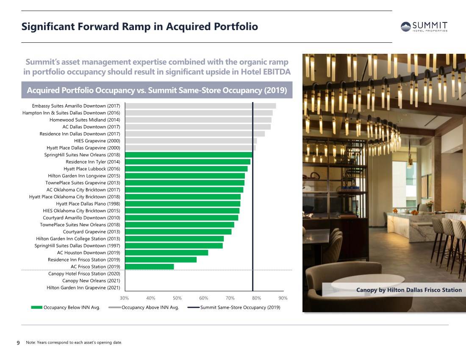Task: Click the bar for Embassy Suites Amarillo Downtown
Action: point(201,106)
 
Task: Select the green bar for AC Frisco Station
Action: point(150,267)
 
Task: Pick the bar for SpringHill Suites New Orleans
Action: point(189,155)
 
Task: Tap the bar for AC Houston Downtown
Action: point(167,253)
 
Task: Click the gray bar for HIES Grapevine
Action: point(191,141)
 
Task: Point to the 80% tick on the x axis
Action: point(256,298)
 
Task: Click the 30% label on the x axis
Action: point(124,298)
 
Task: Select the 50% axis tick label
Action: point(177,298)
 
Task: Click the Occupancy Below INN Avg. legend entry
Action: point(66,307)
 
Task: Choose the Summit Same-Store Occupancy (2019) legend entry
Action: point(234,307)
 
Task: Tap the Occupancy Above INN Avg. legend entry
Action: point(144,307)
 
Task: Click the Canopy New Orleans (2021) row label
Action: point(91,281)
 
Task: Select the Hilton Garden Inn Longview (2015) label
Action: point(84,176)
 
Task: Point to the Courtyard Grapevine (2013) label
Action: point(92,232)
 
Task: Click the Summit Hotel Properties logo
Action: point(424,27)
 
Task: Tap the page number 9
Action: point(18,343)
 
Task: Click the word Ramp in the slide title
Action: point(136,27)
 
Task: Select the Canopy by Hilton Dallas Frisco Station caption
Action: point(409,290)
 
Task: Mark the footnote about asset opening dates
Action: point(74,343)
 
